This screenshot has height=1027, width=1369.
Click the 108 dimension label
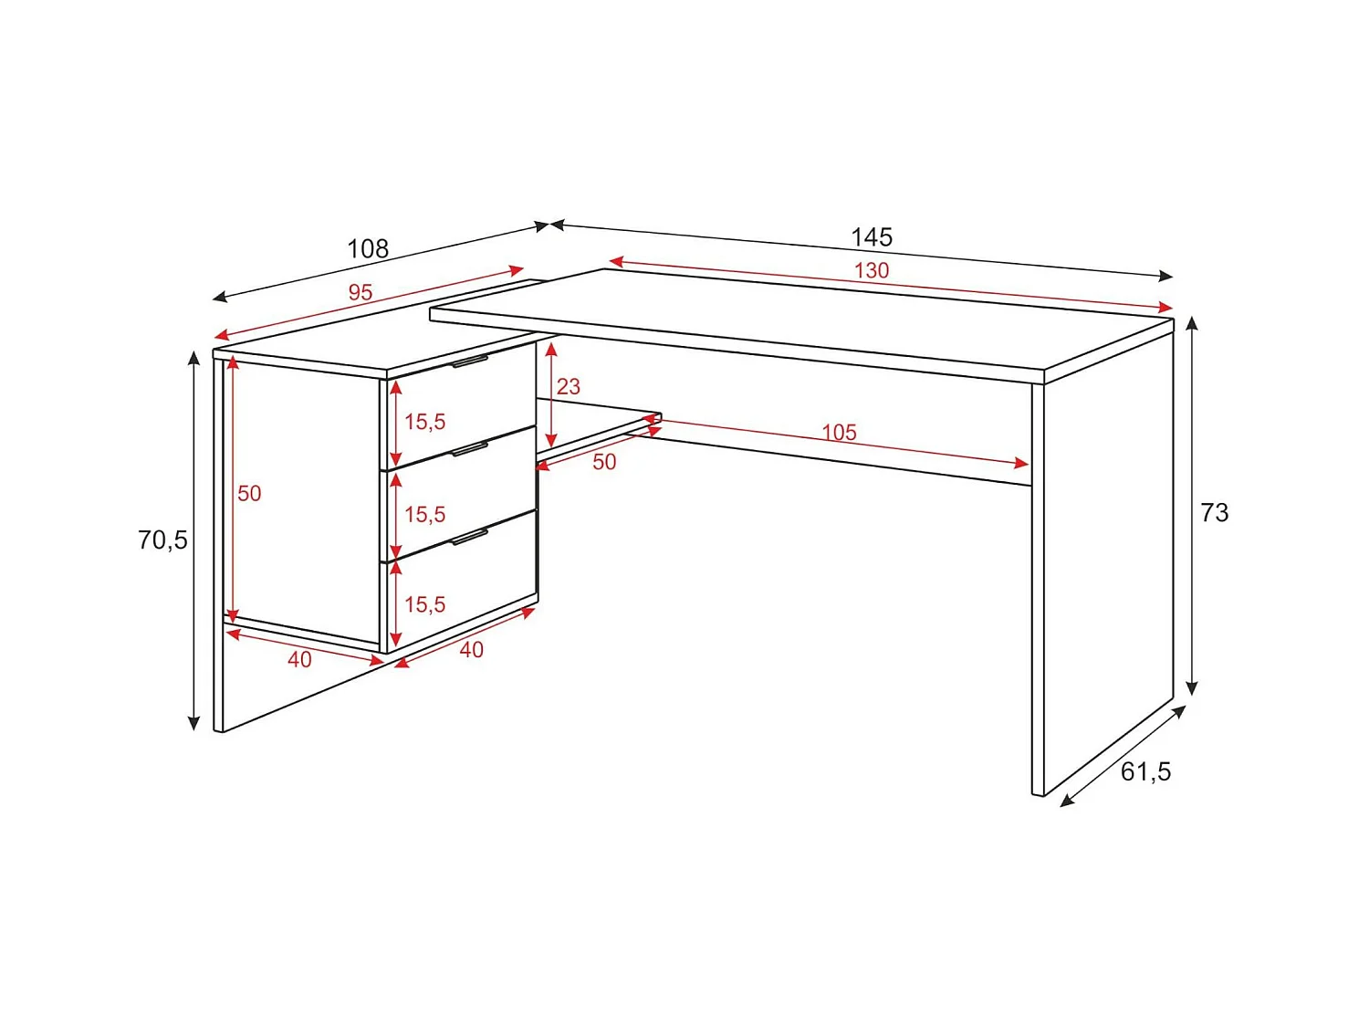[368, 248]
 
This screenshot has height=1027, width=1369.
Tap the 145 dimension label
[871, 237]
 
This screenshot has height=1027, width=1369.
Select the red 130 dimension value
[872, 270]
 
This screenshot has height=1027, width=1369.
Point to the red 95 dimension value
[361, 292]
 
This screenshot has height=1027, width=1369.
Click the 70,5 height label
[162, 540]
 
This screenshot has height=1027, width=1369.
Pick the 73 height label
[1215, 513]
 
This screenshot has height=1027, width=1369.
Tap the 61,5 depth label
[1145, 772]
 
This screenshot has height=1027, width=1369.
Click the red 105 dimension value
[839, 433]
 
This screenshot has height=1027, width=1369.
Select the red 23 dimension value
[569, 387]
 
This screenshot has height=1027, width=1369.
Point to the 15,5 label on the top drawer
[425, 422]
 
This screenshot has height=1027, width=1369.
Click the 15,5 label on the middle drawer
[425, 515]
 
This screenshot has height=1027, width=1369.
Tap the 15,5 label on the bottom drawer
[425, 604]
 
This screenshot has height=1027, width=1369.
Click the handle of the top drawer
[470, 362]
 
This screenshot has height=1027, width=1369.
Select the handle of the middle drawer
[470, 449]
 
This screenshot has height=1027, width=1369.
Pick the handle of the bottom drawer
[470, 537]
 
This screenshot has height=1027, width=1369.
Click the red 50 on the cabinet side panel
[249, 494]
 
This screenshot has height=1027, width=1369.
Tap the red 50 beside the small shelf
[604, 462]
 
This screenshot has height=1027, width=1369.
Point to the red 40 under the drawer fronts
[471, 650]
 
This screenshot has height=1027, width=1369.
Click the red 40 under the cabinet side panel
[299, 659]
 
